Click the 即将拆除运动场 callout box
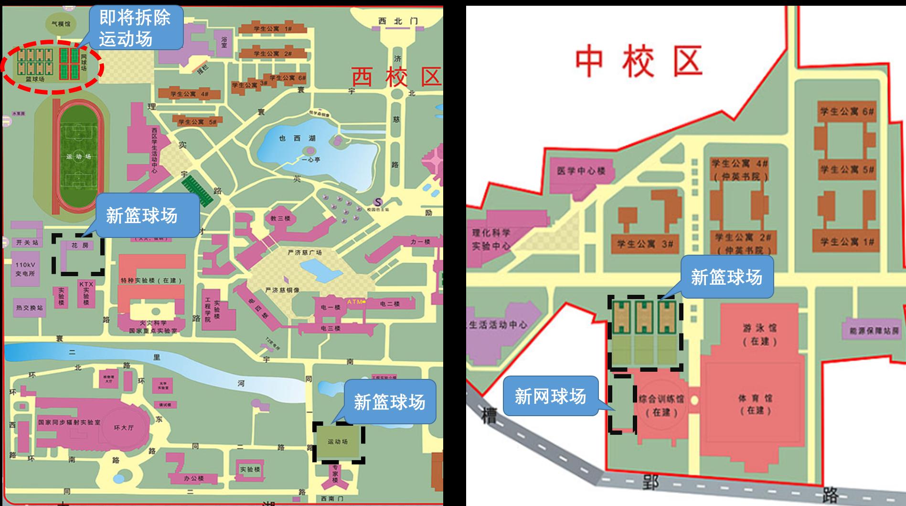pos(135,28)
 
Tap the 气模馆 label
pos(61,23)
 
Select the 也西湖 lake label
pos(298,138)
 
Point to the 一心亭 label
pos(311,160)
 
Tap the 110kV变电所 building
pos(25,269)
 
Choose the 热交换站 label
pos(30,308)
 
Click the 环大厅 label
pos(124,428)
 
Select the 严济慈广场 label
pos(305,252)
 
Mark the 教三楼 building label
pos(280,218)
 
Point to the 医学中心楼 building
pos(581,171)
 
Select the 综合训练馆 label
pos(661,399)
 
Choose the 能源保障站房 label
pos(874,331)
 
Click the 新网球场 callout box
pos(550,396)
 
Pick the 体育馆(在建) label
pos(755,404)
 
